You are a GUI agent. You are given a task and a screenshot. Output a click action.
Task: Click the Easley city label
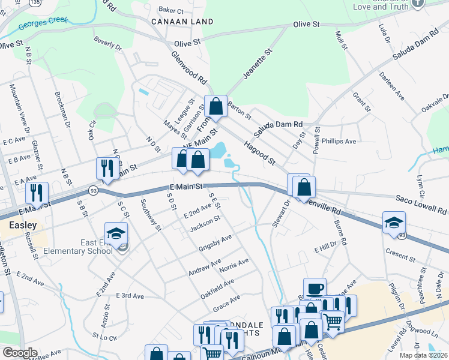[22, 226]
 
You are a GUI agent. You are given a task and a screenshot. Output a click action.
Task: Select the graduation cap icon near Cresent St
[394, 223]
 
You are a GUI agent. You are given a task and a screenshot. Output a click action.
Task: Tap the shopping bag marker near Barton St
[215, 107]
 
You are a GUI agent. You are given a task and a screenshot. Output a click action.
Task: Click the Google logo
[20, 353]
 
